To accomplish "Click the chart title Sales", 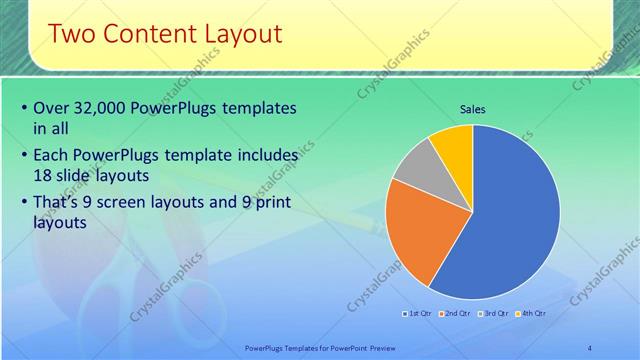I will (473, 109).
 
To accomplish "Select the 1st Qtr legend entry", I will (418, 314).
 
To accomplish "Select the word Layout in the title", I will (239, 35).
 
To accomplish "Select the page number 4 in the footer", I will (590, 347).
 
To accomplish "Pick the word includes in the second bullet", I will (265, 156).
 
